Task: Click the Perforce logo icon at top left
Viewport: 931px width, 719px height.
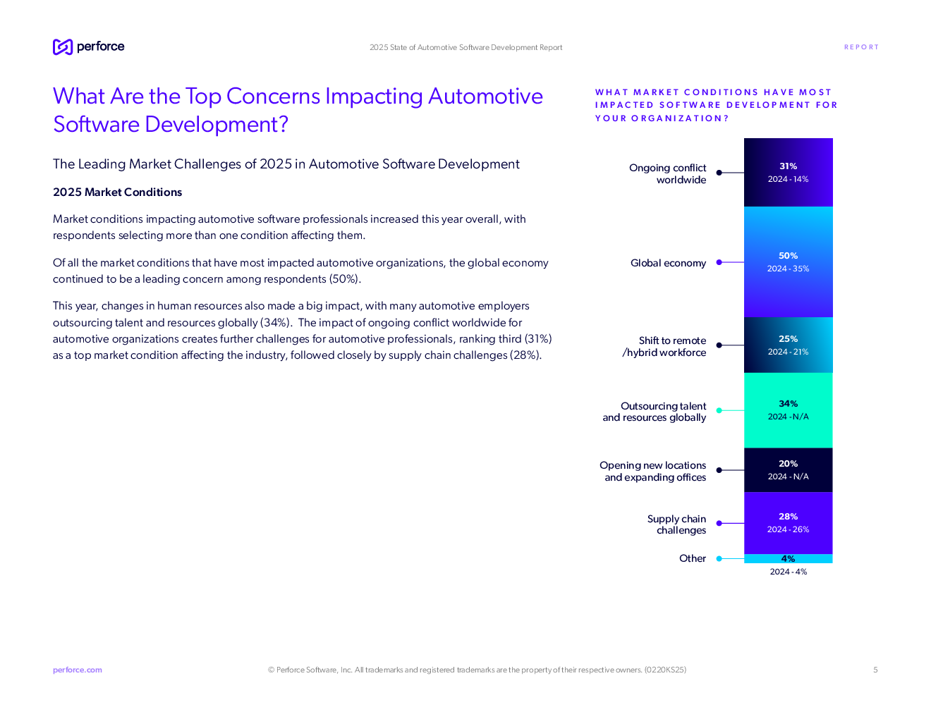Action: coord(63,47)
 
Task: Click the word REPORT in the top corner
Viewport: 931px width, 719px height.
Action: coord(860,47)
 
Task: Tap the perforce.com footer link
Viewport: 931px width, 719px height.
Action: coord(78,670)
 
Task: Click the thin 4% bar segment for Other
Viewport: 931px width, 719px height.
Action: coord(788,559)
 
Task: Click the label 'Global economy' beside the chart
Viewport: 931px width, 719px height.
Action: coord(668,263)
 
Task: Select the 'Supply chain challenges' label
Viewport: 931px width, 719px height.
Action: coord(676,524)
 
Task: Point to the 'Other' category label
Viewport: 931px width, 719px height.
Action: coord(692,558)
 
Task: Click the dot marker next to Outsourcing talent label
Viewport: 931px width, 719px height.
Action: coord(719,410)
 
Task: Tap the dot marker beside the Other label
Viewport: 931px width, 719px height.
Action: coord(719,559)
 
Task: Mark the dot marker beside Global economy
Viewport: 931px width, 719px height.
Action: coord(719,262)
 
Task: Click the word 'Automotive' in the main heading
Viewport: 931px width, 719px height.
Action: coord(485,97)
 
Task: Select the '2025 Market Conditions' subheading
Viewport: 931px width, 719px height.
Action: coord(118,192)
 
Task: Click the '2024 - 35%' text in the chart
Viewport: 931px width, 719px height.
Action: coord(788,269)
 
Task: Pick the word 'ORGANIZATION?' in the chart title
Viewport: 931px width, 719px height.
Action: coord(680,118)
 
